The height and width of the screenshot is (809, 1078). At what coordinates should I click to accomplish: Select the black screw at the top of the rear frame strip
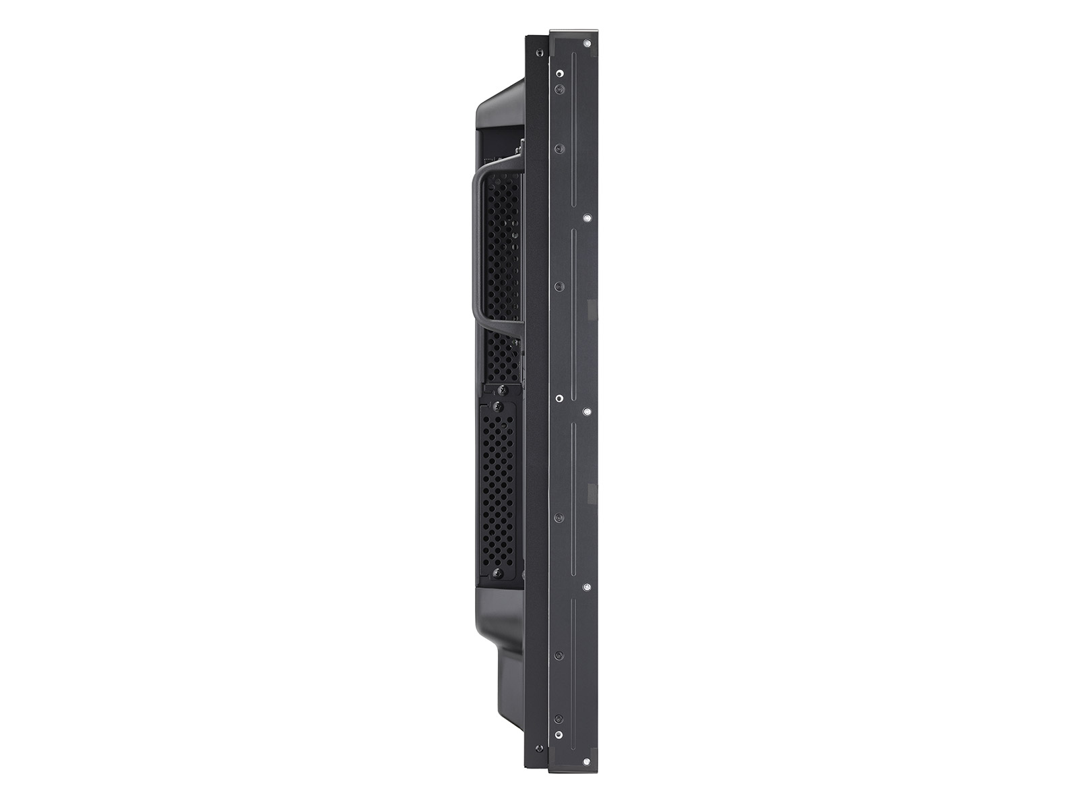pos(537,52)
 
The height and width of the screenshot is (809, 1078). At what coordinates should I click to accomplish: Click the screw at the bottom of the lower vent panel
pos(497,572)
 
